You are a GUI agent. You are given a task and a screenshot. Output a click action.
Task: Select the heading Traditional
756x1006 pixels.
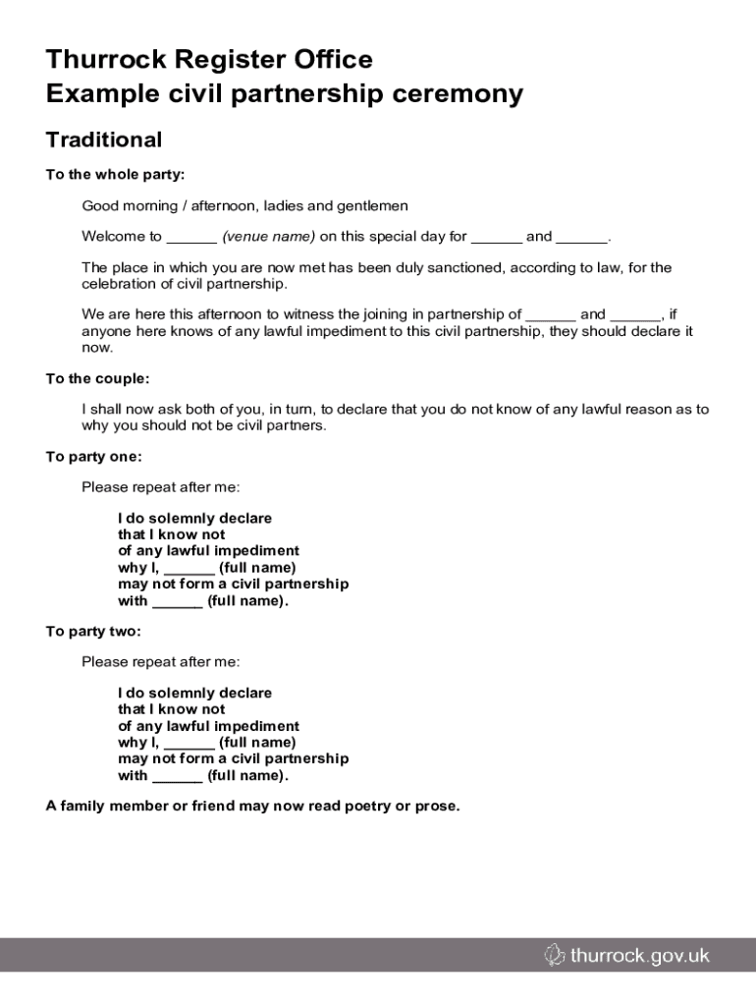[x=103, y=140]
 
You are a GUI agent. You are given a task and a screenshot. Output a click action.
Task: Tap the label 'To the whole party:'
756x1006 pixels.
[x=115, y=175]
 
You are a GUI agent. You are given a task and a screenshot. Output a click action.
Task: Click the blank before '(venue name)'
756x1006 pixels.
[x=191, y=237]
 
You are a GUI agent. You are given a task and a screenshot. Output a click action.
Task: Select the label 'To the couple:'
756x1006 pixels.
[x=97, y=378]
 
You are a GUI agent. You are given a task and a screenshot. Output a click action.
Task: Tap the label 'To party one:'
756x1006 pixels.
[x=93, y=456]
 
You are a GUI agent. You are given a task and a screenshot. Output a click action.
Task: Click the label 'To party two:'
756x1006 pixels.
[x=93, y=631]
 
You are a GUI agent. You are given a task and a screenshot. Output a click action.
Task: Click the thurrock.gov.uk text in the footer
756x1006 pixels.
[x=639, y=955]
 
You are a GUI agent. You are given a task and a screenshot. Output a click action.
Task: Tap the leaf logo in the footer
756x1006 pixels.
[x=555, y=955]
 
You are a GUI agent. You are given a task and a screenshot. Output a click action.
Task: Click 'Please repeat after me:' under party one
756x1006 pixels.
[x=160, y=487]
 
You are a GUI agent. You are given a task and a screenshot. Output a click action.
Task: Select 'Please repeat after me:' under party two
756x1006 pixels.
[x=160, y=661]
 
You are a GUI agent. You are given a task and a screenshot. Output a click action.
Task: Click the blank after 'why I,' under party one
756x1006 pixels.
[x=189, y=568]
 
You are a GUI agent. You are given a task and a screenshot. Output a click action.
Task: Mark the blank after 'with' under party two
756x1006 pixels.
[x=178, y=776]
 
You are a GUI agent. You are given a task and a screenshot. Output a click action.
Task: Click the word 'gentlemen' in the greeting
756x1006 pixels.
[x=372, y=206]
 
